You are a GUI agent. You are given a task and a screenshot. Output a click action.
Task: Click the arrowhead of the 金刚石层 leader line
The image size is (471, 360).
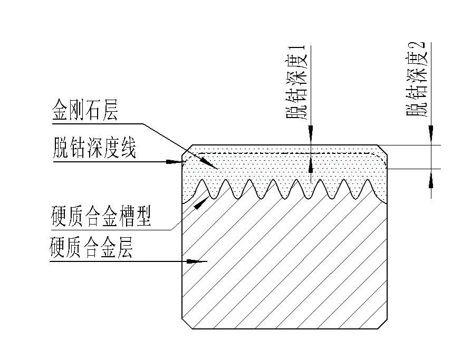(x=214, y=166)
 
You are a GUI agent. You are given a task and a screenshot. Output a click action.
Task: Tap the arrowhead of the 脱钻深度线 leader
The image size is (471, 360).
(x=177, y=162)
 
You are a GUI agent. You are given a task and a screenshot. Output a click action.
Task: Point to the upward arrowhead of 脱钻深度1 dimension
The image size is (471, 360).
(x=311, y=166)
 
